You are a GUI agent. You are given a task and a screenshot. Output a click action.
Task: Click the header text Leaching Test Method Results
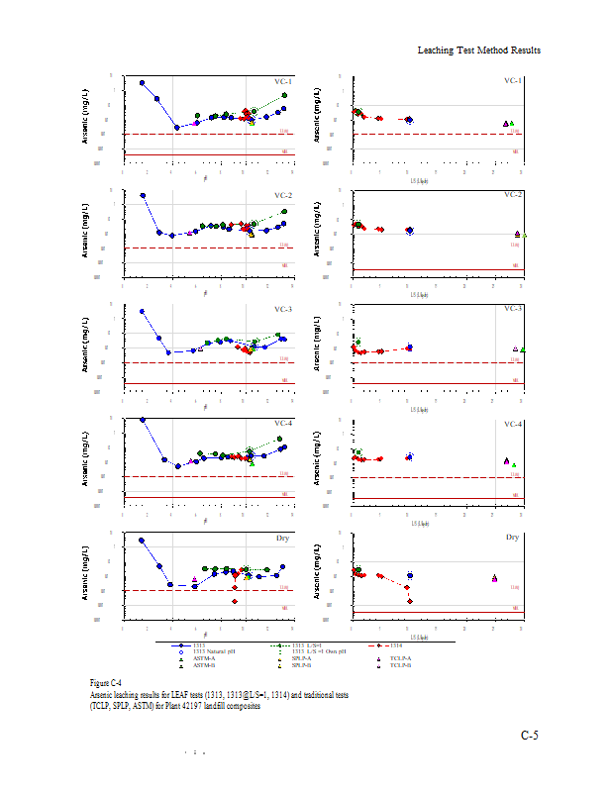point(478,49)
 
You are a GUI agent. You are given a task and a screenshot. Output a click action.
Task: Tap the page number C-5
point(530,736)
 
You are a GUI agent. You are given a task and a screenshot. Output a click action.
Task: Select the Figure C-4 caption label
point(105,683)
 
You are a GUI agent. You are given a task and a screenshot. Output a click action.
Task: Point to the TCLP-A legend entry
point(399,657)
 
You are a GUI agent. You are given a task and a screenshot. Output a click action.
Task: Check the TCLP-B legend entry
point(399,664)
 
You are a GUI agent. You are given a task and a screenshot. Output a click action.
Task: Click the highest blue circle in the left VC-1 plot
point(142,83)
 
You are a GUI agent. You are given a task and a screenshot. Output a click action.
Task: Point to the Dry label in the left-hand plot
point(283,538)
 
